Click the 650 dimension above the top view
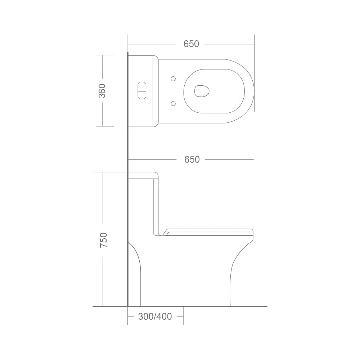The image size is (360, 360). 191,44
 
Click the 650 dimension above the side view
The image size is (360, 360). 192,159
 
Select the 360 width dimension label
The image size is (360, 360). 102,91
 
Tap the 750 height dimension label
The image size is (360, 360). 104,240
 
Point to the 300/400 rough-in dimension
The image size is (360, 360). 155,316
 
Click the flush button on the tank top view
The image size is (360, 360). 141,90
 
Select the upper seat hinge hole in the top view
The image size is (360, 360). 174,79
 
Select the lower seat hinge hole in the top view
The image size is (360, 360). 174,104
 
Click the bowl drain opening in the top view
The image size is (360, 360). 202,91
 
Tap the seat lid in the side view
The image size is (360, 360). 208,232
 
